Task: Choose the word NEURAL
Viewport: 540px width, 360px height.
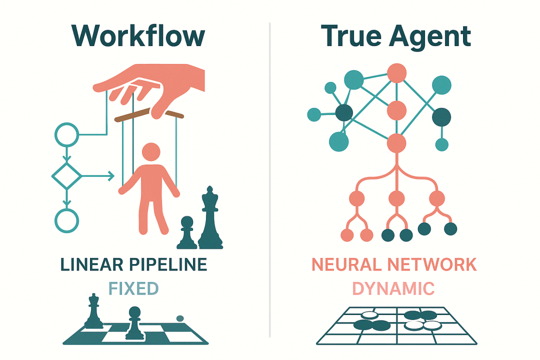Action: tap(350, 265)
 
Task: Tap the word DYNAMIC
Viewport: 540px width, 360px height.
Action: tap(393, 288)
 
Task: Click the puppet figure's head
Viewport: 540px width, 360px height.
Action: tap(150, 152)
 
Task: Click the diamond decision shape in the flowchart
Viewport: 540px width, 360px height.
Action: tap(66, 176)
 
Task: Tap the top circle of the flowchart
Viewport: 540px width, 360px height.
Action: tap(66, 134)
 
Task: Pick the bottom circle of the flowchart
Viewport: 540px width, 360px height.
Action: tap(66, 220)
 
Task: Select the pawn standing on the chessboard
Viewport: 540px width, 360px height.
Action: tap(134, 322)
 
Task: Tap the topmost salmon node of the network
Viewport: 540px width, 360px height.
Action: tap(396, 73)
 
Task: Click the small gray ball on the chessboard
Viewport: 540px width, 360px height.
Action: tap(180, 317)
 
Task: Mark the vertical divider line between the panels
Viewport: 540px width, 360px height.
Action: tap(270, 180)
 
